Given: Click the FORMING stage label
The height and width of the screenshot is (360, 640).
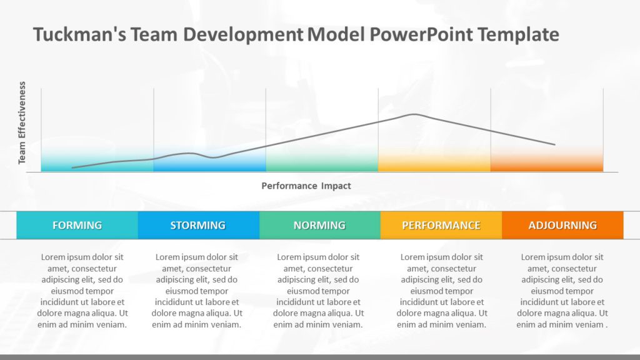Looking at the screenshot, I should tap(77, 225).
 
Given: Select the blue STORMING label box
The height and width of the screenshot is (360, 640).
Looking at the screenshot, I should tap(198, 225).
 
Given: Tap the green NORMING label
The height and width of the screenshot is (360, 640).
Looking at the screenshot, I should tap(319, 225).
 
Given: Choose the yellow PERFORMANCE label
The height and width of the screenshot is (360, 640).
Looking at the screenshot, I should tap(441, 225).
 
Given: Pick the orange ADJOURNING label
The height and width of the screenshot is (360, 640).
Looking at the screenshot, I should tap(562, 225).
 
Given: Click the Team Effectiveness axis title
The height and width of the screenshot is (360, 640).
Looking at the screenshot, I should tap(22, 123).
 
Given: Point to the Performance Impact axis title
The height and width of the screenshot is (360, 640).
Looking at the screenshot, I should tap(306, 186).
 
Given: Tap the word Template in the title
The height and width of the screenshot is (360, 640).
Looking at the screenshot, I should tap(518, 34).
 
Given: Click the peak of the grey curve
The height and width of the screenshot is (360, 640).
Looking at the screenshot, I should tap(413, 114).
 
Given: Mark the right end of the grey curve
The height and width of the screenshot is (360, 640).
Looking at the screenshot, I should tap(554, 144).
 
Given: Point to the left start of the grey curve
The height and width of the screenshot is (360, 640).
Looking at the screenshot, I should tap(73, 167).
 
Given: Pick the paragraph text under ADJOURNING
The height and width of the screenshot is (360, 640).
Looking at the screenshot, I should tap(562, 291).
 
